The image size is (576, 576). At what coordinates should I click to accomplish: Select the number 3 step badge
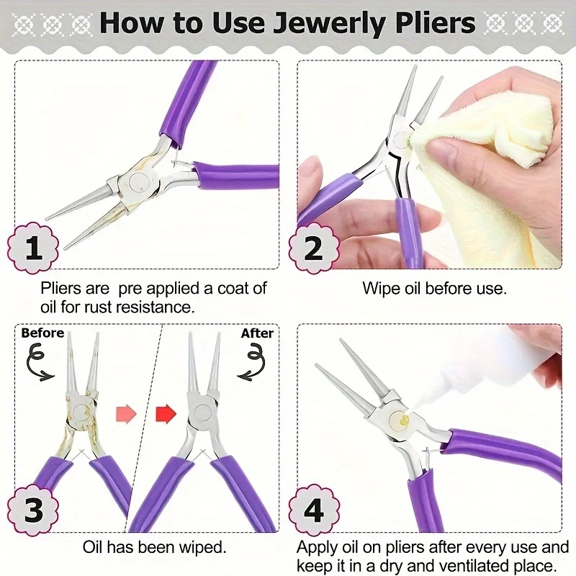click(x=33, y=510)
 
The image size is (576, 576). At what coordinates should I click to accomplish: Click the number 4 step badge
click(x=313, y=510)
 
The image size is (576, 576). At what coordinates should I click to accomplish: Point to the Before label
click(x=42, y=333)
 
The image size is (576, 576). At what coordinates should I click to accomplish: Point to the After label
click(x=257, y=333)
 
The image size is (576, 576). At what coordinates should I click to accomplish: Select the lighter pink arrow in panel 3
click(x=126, y=413)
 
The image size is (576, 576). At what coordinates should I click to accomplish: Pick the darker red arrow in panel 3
click(x=166, y=413)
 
